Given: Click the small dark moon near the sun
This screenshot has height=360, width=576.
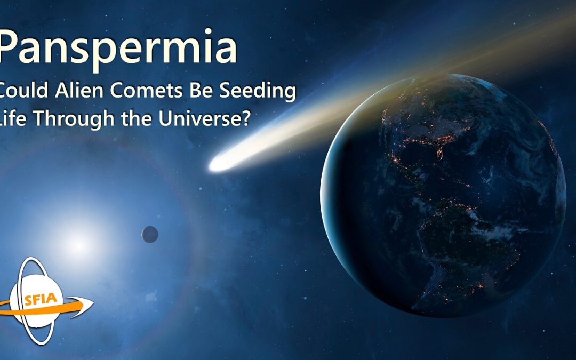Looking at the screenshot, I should (150, 234).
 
